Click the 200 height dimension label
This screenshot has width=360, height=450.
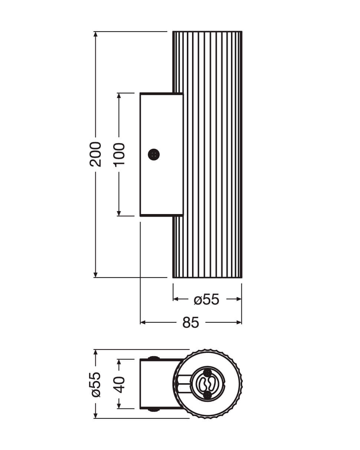(x=95, y=154)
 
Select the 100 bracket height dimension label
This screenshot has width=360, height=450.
(x=119, y=155)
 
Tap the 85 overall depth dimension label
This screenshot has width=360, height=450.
(x=191, y=322)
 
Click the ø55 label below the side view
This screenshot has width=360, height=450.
(x=207, y=299)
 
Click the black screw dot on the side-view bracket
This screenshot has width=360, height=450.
(x=153, y=155)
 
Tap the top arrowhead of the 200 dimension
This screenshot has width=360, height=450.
(x=96, y=34)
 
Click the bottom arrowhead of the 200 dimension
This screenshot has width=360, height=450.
(x=96, y=275)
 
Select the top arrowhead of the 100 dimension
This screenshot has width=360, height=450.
(x=119, y=96)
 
